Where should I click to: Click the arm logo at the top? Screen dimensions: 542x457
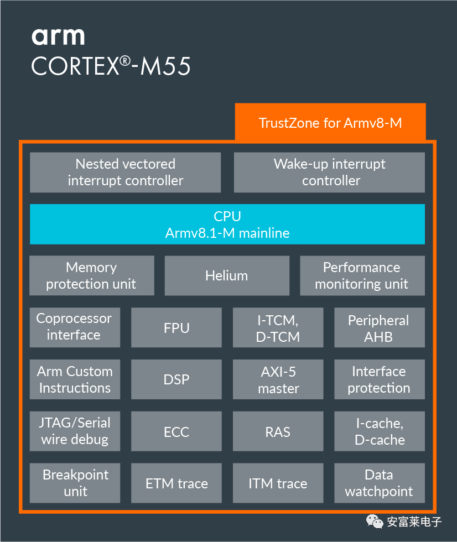pyautogui.click(x=58, y=36)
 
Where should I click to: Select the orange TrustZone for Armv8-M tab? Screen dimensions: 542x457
pyautogui.click(x=330, y=122)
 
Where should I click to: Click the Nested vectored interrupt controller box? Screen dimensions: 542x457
pyautogui.click(x=125, y=173)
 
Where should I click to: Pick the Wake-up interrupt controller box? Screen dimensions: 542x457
pyautogui.click(x=330, y=173)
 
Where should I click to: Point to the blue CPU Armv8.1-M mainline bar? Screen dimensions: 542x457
pyautogui.click(x=227, y=224)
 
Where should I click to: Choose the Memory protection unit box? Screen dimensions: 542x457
pyautogui.click(x=91, y=275)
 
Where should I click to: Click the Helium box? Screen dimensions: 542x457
pyautogui.click(x=227, y=275)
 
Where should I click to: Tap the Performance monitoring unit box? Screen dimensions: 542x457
pyautogui.click(x=362, y=275)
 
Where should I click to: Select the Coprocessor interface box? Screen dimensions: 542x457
pyautogui.click(x=74, y=327)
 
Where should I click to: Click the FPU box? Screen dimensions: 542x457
pyautogui.click(x=176, y=328)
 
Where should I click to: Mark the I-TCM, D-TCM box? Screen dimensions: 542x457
pyautogui.click(x=278, y=328)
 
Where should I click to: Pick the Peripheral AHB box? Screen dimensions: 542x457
pyautogui.click(x=379, y=328)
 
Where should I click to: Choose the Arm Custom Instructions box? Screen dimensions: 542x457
pyautogui.click(x=74, y=379)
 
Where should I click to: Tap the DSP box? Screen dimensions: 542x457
pyautogui.click(x=176, y=379)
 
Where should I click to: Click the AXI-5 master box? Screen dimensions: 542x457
pyautogui.click(x=278, y=379)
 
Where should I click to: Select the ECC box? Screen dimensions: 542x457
pyautogui.click(x=176, y=431)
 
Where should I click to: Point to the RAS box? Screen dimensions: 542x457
pyautogui.click(x=278, y=431)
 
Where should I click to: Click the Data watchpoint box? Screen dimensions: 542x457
pyautogui.click(x=379, y=483)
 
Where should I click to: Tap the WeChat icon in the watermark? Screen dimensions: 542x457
pyautogui.click(x=375, y=520)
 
